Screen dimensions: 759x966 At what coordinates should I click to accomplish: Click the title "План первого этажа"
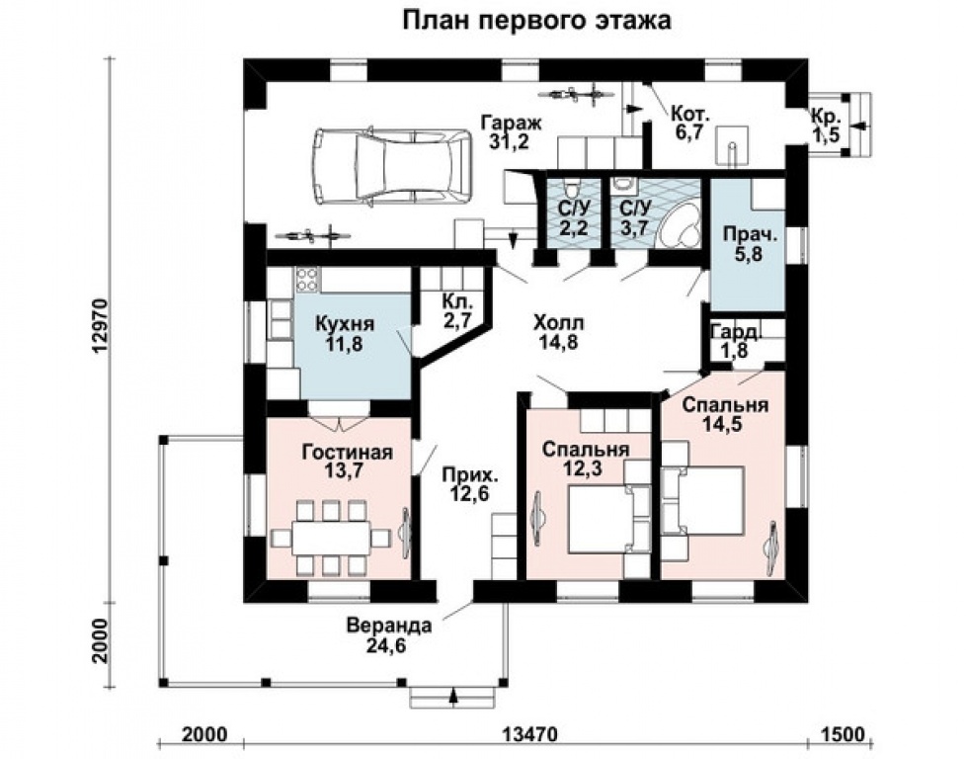537,20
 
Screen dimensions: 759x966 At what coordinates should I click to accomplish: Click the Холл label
558,324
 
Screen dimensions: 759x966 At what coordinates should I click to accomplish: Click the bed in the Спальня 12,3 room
598,519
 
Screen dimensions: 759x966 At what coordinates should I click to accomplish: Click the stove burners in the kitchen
307,280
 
